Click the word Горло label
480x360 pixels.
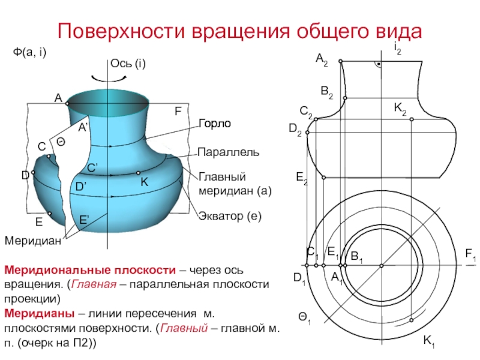[x=215, y=124]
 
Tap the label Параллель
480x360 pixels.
[x=229, y=152]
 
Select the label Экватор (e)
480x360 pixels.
[x=230, y=216]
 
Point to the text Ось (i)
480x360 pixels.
[x=128, y=64]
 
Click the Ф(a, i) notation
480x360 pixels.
[x=29, y=52]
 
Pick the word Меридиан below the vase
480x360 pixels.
[x=33, y=241]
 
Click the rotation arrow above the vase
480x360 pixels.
[x=109, y=79]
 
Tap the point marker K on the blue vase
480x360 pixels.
[x=138, y=173]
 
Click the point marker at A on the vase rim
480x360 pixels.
[x=67, y=103]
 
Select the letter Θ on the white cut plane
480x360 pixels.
[x=61, y=142]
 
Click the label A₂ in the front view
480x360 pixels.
[x=322, y=59]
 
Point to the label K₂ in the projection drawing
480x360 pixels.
[x=400, y=109]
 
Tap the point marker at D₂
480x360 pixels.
[x=307, y=133]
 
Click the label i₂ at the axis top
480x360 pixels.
[x=397, y=49]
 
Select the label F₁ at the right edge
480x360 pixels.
[x=470, y=254]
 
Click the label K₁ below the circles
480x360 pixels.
[x=429, y=341]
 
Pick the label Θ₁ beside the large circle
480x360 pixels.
[x=305, y=319]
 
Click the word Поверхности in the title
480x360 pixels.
[x=122, y=31]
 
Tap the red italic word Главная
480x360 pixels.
[x=94, y=284]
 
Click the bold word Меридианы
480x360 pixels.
[x=39, y=314]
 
